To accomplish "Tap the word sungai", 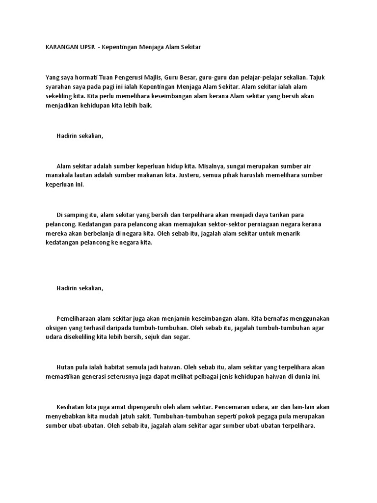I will click(242, 166).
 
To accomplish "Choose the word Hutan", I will click(66, 367).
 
